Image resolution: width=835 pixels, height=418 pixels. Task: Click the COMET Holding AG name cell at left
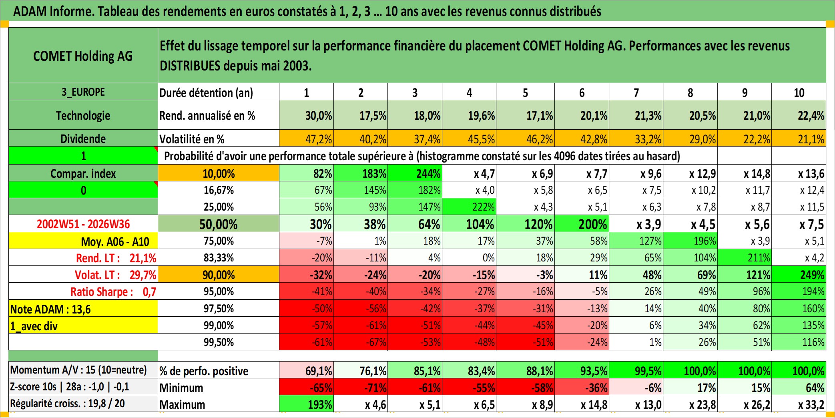(x=83, y=56)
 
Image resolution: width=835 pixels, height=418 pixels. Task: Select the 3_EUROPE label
(x=83, y=92)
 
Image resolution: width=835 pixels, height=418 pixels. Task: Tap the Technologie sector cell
(x=83, y=115)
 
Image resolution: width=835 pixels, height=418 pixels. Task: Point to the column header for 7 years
(x=636, y=92)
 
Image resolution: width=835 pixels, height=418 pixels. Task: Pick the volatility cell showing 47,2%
(x=307, y=139)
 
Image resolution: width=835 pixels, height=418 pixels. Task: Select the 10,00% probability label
(x=219, y=173)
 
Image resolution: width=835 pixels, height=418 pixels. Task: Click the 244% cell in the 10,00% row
(x=415, y=173)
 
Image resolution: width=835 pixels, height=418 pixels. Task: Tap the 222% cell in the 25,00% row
(x=469, y=207)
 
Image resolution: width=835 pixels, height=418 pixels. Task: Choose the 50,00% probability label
(x=219, y=224)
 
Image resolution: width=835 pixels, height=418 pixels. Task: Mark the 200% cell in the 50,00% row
(x=582, y=224)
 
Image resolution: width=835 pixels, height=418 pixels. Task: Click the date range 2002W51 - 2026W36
(x=83, y=224)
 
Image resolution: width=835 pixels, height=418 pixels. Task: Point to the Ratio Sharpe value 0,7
(x=149, y=292)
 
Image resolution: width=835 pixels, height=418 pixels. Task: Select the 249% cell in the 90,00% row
(x=799, y=275)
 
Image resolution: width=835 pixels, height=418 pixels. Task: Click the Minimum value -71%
(x=361, y=388)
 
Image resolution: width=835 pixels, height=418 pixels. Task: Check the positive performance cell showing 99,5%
(x=636, y=370)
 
